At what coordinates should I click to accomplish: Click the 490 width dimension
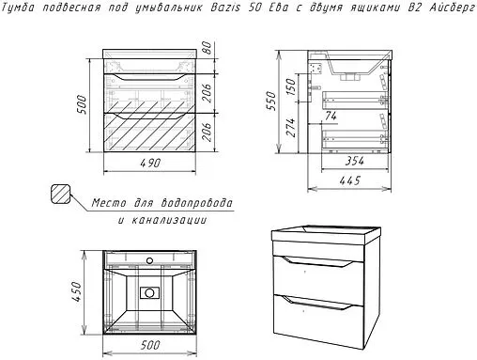(x=150, y=163)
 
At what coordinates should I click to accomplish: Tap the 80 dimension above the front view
(x=207, y=48)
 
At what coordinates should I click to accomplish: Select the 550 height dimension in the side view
(x=270, y=101)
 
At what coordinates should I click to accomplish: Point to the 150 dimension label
(x=291, y=86)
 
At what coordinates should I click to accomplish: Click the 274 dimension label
(x=291, y=127)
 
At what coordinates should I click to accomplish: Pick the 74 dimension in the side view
(x=331, y=116)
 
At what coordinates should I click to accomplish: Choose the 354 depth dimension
(x=355, y=161)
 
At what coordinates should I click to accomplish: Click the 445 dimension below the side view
(x=350, y=180)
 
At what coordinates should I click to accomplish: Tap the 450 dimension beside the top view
(x=76, y=291)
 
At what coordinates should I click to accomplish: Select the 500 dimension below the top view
(x=150, y=345)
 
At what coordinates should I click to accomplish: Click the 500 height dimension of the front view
(x=81, y=104)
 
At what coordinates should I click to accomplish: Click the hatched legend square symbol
(x=60, y=194)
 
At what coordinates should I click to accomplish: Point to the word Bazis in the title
(x=225, y=8)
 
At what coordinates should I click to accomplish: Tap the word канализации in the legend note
(x=169, y=220)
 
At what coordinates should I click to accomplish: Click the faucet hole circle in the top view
(x=149, y=260)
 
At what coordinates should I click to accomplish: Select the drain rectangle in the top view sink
(x=149, y=293)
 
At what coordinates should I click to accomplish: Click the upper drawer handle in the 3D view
(x=317, y=262)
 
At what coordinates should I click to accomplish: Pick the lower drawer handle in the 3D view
(x=317, y=302)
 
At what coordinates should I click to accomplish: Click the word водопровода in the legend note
(x=197, y=203)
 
